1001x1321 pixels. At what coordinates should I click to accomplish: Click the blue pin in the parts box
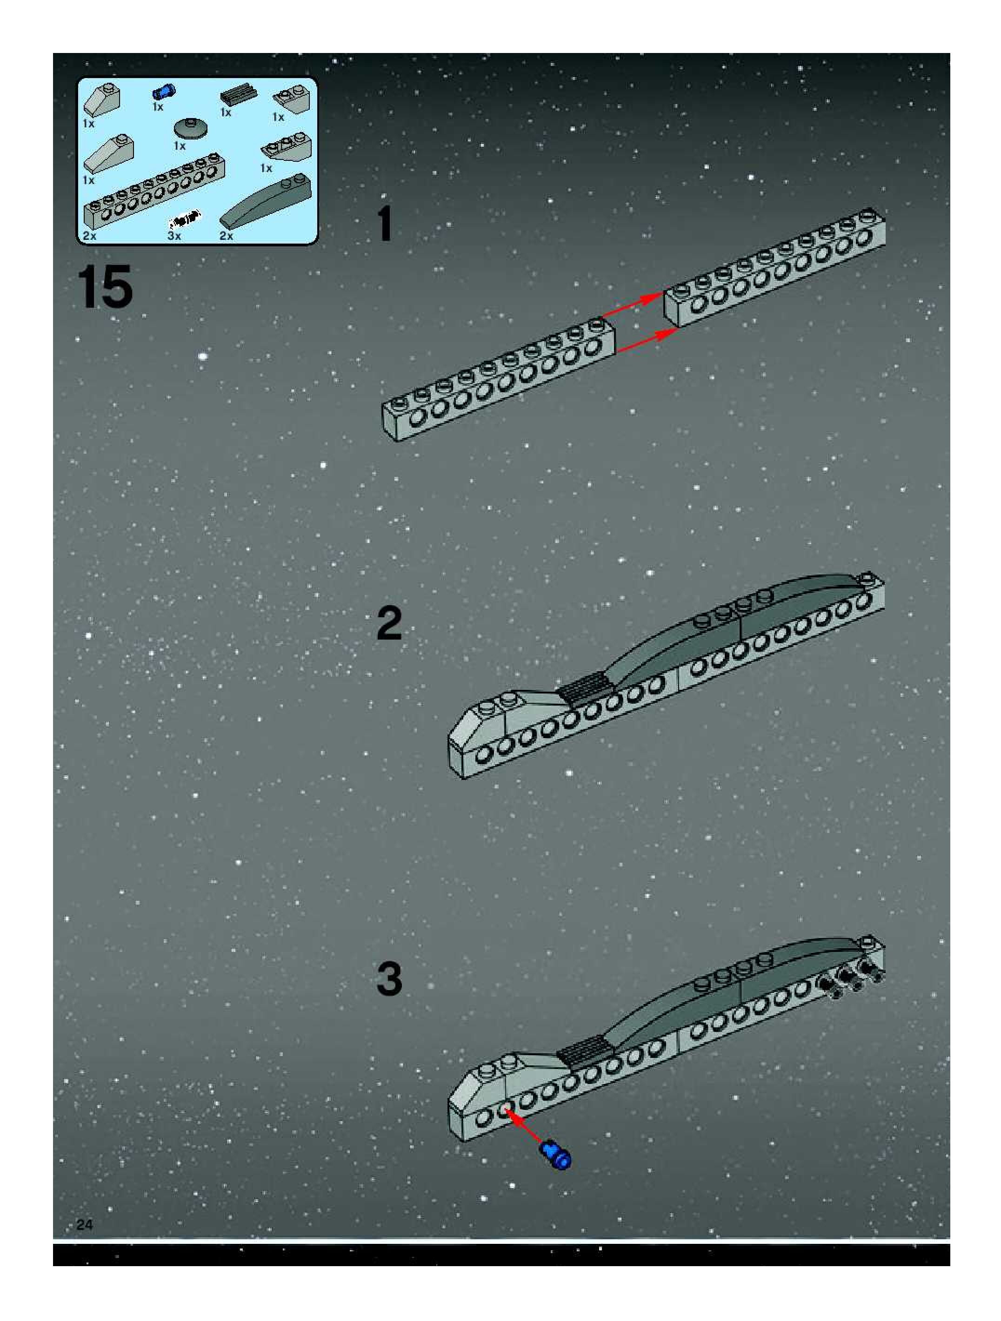coord(163,92)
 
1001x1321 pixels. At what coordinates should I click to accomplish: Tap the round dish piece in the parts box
coord(191,128)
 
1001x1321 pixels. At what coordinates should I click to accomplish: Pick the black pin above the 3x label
coord(184,221)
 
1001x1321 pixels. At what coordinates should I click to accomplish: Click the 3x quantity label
coord(174,236)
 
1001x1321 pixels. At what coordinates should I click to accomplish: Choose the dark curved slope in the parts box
coord(267,202)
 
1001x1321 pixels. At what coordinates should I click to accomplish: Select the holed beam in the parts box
coord(154,191)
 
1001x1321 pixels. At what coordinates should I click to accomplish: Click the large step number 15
coord(105,287)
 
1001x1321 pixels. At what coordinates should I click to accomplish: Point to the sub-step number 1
coord(384,225)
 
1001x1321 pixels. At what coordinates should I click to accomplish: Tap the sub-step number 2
coord(389,623)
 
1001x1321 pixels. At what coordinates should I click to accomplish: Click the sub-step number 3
coord(389,979)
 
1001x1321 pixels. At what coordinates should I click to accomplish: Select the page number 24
coord(85,1225)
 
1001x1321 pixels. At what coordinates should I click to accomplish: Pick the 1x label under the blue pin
coord(158,107)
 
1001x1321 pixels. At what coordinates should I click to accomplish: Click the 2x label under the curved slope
coord(226,236)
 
